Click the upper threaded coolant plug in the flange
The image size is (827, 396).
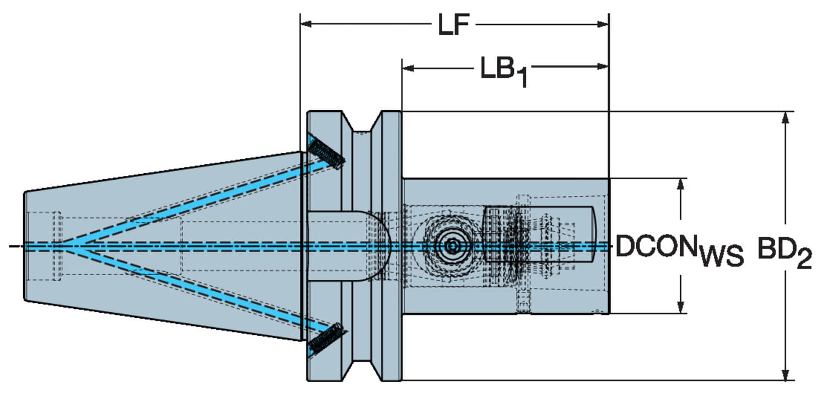326,153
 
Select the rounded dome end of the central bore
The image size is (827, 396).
380,245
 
